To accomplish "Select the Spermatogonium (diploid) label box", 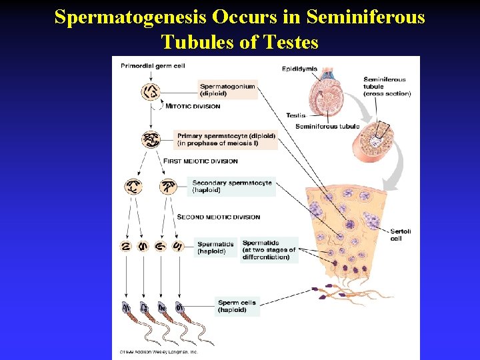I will click(x=227, y=90).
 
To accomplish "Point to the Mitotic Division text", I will click(x=193, y=107).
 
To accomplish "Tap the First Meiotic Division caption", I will click(x=200, y=161).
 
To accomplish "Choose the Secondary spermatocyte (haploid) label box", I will click(x=231, y=186).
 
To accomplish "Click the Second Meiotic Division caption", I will click(x=218, y=217).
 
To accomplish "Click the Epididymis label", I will click(x=299, y=69).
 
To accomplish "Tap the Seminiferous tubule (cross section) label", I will click(x=387, y=87).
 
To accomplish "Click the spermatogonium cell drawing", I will click(x=151, y=91).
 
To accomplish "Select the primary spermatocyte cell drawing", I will click(x=151, y=140).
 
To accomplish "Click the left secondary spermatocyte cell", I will click(x=133, y=186).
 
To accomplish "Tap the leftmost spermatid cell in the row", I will click(x=125, y=246).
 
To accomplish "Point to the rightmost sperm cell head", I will click(x=179, y=307).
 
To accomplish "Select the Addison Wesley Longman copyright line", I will click(x=159, y=351).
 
